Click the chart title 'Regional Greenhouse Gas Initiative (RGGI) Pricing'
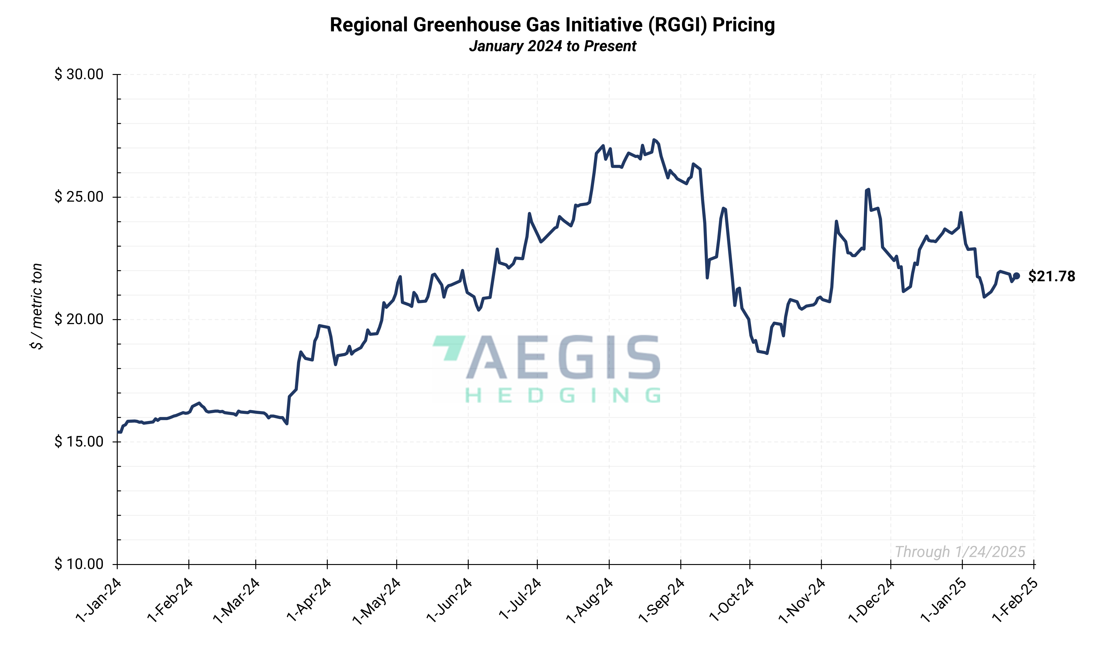552,25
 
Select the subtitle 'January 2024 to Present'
552,46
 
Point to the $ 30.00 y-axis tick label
79,74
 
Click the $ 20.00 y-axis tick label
79,319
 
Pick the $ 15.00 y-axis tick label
79,442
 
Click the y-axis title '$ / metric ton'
37,306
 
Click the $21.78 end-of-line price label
1051,277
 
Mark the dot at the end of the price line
1016,276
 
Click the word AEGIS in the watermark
563,357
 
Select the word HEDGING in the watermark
563,396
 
